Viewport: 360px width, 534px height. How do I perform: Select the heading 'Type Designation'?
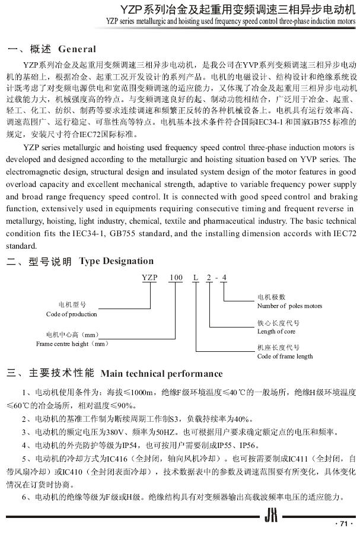tap(116, 261)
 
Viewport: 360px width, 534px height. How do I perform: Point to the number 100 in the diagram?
tap(176, 278)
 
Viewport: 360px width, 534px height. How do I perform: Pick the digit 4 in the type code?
tap(224, 278)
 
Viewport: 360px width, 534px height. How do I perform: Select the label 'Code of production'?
tap(71, 314)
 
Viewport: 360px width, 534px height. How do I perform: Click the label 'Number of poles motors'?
tap(289, 306)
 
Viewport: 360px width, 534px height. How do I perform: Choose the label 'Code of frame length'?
tap(285, 356)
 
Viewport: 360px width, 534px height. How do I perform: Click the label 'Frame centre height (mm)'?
tap(72, 343)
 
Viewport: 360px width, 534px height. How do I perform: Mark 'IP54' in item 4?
tap(116, 445)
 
